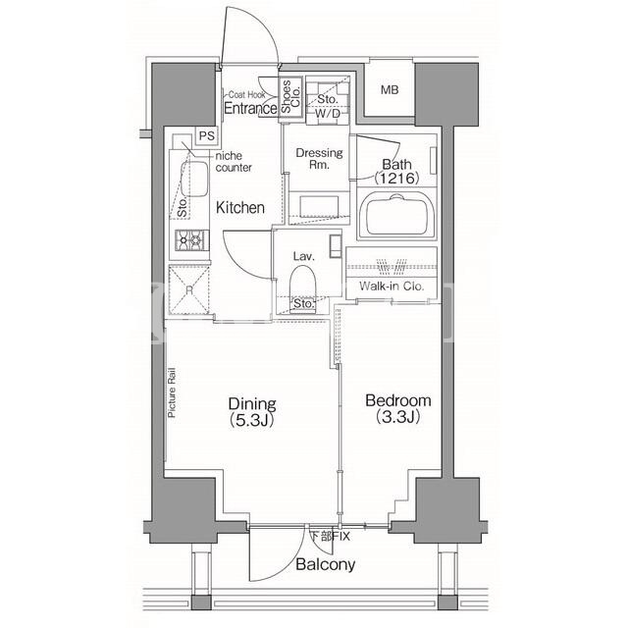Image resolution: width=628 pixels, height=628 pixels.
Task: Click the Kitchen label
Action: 240,207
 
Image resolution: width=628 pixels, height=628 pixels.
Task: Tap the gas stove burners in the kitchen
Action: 191,240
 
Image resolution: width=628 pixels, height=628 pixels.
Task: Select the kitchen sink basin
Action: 195,179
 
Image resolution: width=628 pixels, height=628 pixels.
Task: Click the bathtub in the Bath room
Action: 396,216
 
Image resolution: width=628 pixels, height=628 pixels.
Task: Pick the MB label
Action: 390,89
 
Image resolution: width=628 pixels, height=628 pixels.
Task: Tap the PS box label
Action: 207,135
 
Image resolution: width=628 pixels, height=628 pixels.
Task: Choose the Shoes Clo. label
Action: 290,96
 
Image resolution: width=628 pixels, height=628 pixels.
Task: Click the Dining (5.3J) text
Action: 252,411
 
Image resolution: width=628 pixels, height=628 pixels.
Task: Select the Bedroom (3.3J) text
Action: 398,408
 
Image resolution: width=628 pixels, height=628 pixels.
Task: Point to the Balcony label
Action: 325,564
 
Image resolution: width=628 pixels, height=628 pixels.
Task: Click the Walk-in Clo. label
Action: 392,286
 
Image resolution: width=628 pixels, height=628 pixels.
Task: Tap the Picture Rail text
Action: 172,392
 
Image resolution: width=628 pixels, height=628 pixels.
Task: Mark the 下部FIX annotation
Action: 331,536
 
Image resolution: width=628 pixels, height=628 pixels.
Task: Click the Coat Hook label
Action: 246,95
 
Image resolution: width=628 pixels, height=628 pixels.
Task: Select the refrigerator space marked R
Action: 189,289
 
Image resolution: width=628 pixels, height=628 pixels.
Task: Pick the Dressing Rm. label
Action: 319,158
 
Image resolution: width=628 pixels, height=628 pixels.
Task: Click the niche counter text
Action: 234,161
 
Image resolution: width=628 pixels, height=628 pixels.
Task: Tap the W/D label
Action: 327,114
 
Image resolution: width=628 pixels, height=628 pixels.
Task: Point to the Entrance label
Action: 250,108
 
